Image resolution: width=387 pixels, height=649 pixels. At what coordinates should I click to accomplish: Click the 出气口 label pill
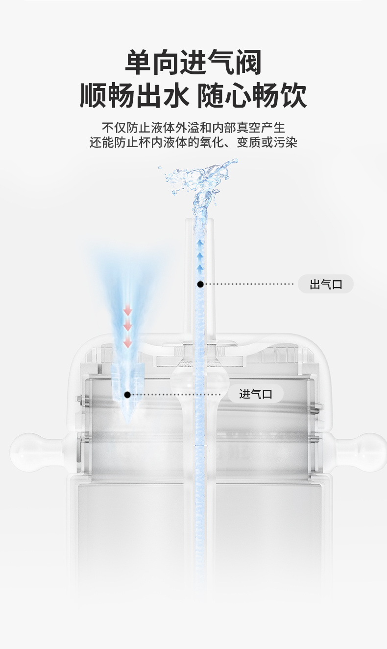(326, 284)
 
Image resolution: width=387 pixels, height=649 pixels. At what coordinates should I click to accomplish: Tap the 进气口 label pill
(256, 394)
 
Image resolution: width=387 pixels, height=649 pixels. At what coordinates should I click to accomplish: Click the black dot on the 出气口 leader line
(200, 284)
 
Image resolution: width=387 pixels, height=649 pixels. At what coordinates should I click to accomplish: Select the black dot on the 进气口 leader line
(127, 394)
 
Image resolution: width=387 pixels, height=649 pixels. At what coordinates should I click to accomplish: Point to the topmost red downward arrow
(128, 310)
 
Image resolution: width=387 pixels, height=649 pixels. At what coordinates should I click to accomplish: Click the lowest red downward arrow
(128, 342)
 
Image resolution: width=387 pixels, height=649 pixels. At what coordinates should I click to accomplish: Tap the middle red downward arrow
(128, 326)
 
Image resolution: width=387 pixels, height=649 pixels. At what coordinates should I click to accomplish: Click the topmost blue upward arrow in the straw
(200, 243)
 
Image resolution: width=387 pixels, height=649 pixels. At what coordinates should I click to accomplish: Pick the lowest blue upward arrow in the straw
(200, 268)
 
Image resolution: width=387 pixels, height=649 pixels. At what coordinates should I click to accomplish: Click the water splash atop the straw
(201, 181)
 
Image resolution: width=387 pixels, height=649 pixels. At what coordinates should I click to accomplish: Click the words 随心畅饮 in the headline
(252, 95)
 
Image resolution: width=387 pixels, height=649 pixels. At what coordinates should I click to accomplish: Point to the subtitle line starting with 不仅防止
(193, 128)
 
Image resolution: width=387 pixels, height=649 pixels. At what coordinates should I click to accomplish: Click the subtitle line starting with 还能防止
(193, 143)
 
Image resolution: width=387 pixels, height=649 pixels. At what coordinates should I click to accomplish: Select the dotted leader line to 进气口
(176, 394)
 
